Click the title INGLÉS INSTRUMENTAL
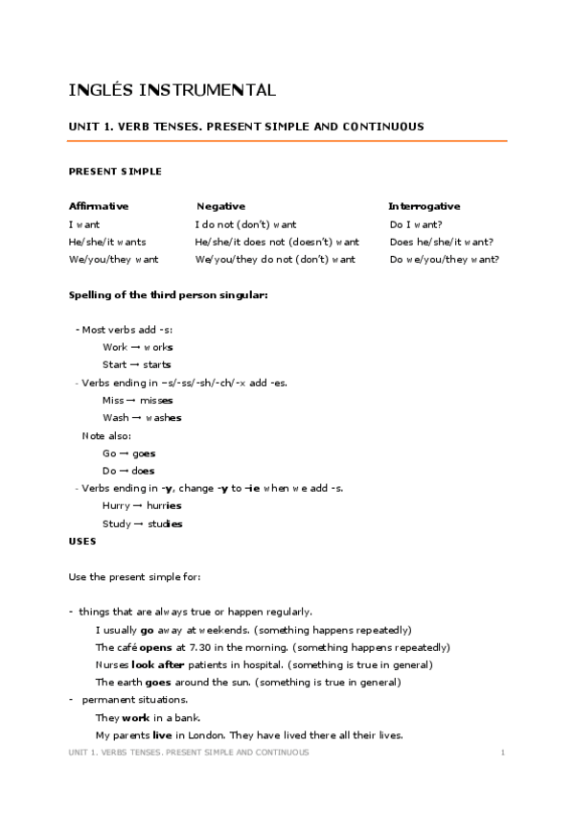(x=172, y=91)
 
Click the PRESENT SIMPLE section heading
(x=115, y=172)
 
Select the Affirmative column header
(x=99, y=206)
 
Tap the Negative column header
(x=221, y=206)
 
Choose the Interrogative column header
(x=424, y=206)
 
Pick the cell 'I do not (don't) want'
(x=246, y=224)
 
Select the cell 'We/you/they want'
(x=114, y=259)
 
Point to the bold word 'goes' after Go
(x=144, y=453)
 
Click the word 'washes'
(x=164, y=418)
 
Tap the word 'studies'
(x=164, y=523)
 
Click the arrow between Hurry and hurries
(x=138, y=506)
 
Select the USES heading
(x=82, y=541)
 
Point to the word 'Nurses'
(x=112, y=664)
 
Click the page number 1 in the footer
(x=503, y=754)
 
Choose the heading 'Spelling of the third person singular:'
(x=169, y=294)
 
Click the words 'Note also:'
(x=106, y=436)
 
